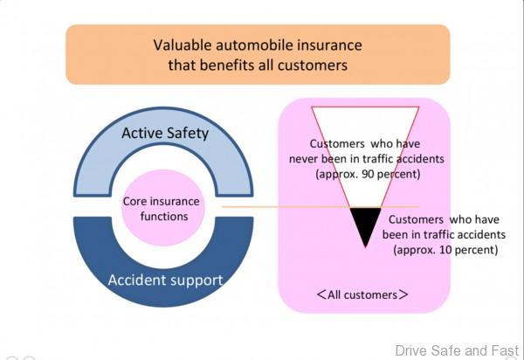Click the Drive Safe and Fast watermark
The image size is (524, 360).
click(456, 350)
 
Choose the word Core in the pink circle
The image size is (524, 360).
click(138, 201)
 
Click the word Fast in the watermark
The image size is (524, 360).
click(504, 350)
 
